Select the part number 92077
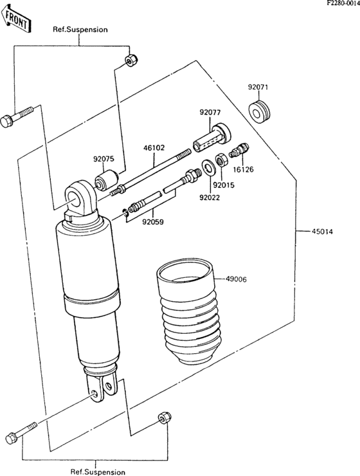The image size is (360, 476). [210, 112]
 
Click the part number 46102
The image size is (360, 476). [154, 147]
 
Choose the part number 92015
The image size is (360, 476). [224, 185]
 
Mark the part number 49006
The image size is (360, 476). [236, 279]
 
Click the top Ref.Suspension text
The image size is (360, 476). [80, 30]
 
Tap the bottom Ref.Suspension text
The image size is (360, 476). [98, 471]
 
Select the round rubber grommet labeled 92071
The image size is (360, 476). [261, 111]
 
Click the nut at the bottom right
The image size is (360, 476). [163, 418]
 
